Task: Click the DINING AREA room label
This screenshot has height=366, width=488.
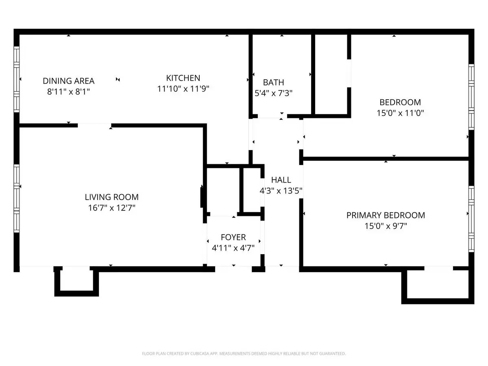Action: (x=68, y=81)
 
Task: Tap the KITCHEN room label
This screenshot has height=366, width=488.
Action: (x=183, y=78)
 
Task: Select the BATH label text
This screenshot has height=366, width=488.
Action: (x=273, y=83)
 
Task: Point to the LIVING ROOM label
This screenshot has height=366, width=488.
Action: (x=111, y=197)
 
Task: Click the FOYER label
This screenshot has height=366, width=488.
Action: (x=233, y=237)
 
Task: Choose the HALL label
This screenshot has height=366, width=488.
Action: (x=281, y=180)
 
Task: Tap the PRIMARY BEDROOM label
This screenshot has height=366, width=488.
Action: (x=386, y=216)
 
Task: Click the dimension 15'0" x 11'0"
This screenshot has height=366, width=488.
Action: (x=400, y=113)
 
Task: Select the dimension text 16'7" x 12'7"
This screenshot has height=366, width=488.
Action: (x=111, y=208)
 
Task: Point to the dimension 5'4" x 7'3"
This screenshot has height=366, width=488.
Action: (x=273, y=93)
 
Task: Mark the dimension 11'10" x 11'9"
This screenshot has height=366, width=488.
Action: (x=183, y=89)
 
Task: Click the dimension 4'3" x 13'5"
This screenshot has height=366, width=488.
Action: (x=281, y=191)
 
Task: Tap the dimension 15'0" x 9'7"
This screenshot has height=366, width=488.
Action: (x=386, y=226)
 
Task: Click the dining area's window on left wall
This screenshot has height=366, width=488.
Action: (x=16, y=79)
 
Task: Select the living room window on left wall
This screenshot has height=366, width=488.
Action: (x=16, y=198)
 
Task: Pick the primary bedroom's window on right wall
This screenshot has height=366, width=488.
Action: (x=471, y=219)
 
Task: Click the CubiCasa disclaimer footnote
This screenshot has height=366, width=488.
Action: (x=244, y=353)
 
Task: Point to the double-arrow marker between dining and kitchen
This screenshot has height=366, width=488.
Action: (x=118, y=79)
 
